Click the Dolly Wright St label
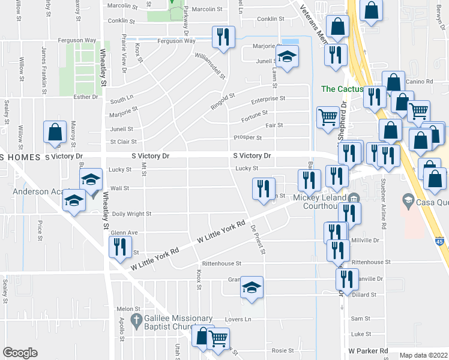(x=131, y=214)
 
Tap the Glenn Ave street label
(x=124, y=233)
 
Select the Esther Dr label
(x=85, y=97)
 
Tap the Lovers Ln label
(x=238, y=319)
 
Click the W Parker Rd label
(x=368, y=350)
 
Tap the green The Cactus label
(x=342, y=89)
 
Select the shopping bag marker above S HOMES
(x=55, y=133)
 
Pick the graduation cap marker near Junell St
(x=287, y=57)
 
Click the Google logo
(x=20, y=353)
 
